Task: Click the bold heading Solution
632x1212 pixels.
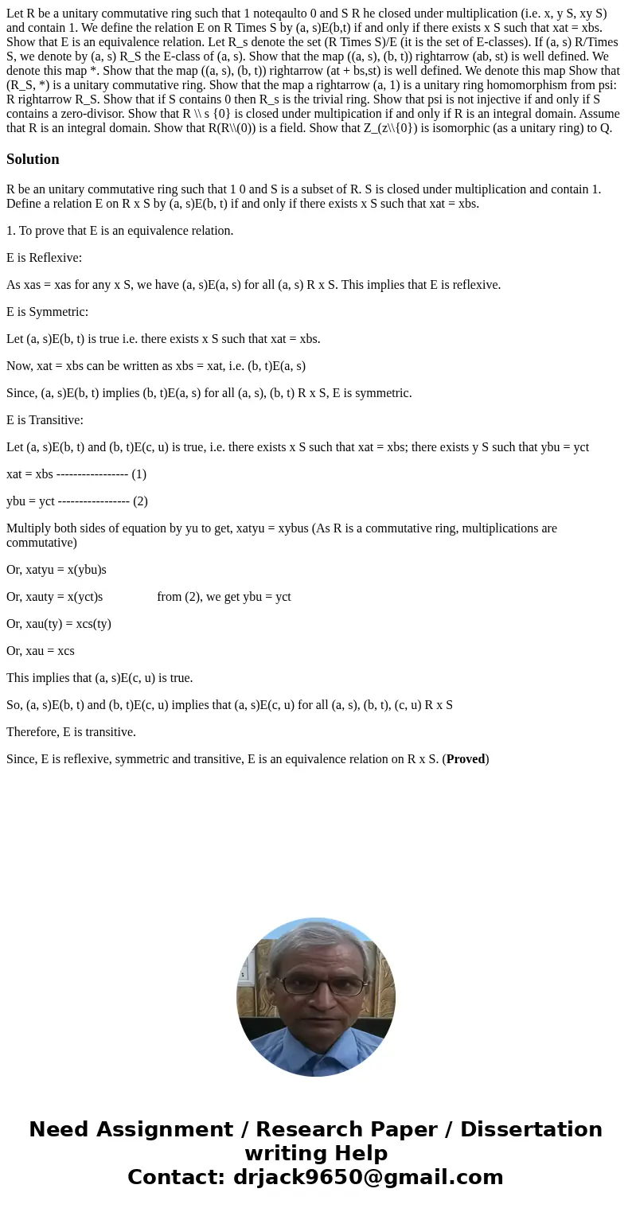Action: click(x=33, y=159)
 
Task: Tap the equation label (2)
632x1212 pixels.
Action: click(x=140, y=501)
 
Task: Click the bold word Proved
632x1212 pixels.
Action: click(x=466, y=759)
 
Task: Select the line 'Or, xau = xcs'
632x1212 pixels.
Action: click(x=41, y=651)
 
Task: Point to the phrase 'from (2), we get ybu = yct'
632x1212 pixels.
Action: click(x=224, y=597)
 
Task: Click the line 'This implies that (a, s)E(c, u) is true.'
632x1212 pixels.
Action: click(x=99, y=678)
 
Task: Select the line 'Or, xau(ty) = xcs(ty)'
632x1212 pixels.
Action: click(x=59, y=624)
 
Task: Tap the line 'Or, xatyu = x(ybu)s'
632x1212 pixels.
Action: click(x=57, y=570)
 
